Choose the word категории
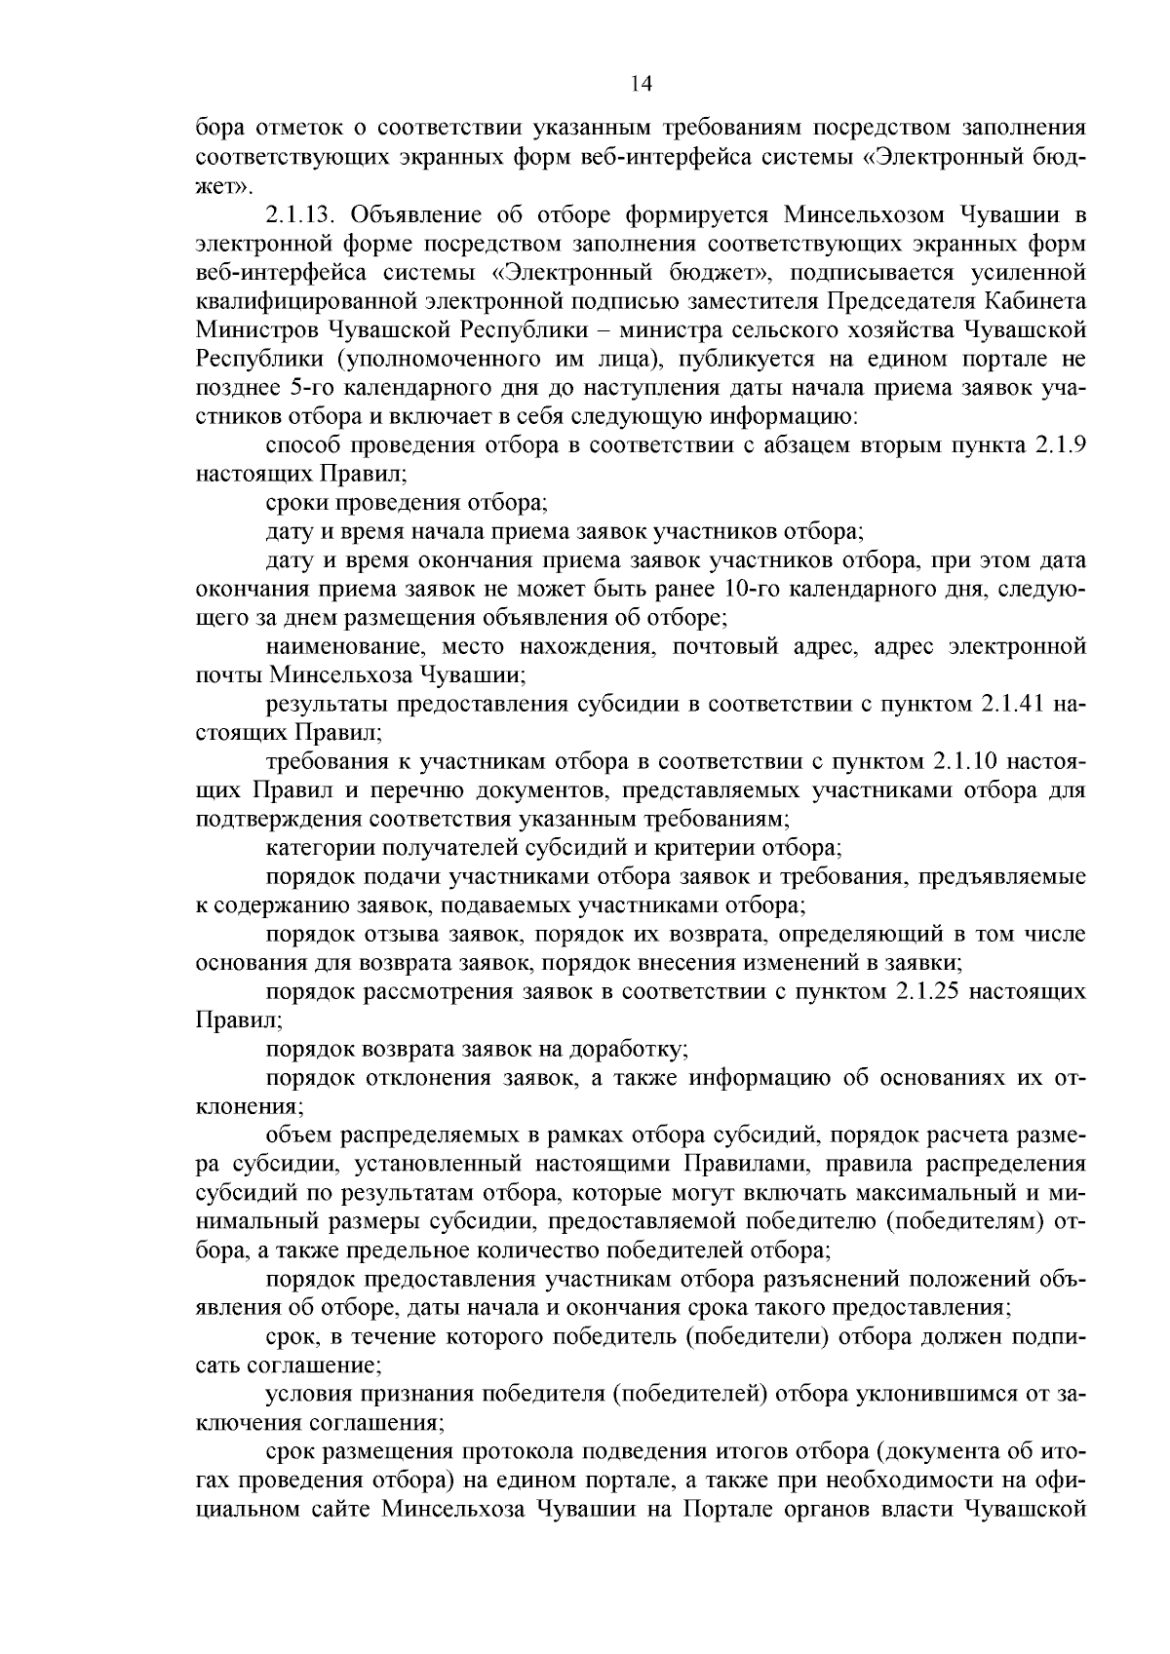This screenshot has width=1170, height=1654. pyautogui.click(x=317, y=847)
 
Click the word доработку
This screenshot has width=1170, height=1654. pyautogui.click(x=638, y=1050)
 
